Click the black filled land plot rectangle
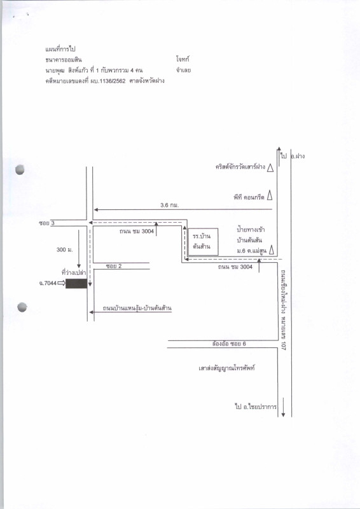(x=76, y=283)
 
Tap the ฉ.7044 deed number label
(x=48, y=283)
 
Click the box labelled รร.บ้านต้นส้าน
(x=203, y=242)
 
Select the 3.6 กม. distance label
(x=169, y=205)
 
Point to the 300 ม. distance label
(x=65, y=249)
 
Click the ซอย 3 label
(x=46, y=223)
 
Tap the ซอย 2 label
(x=114, y=266)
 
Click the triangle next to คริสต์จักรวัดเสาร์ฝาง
(x=270, y=168)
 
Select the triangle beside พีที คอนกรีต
(x=270, y=196)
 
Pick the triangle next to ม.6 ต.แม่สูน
(x=272, y=250)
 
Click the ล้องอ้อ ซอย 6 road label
(x=229, y=344)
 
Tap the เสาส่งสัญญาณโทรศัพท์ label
(x=226, y=368)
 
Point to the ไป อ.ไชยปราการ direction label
(x=256, y=407)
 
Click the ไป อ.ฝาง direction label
(x=293, y=156)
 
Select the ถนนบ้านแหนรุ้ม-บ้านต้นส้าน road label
(x=137, y=308)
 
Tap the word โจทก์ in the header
(x=183, y=59)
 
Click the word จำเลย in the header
(x=183, y=70)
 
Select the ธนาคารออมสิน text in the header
(x=64, y=60)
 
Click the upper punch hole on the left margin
(x=20, y=169)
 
